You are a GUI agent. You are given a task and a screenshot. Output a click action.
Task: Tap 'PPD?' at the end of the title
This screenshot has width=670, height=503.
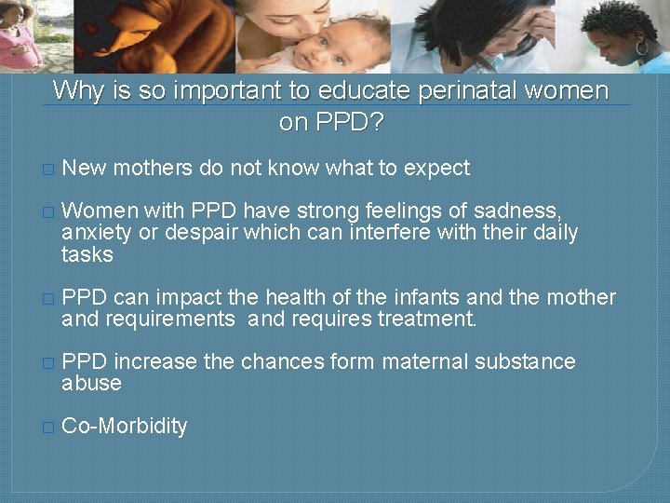click(x=332, y=122)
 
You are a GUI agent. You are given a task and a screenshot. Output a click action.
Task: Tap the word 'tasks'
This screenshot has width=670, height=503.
click(x=87, y=255)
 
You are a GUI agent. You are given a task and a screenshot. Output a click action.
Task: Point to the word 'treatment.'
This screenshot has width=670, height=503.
click(x=429, y=320)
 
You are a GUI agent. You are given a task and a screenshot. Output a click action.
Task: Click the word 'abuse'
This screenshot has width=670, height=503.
click(x=91, y=384)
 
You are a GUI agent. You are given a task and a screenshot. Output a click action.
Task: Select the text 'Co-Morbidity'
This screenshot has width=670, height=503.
click(x=124, y=427)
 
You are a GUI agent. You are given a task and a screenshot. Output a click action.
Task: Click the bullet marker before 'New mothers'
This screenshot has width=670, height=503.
click(x=48, y=170)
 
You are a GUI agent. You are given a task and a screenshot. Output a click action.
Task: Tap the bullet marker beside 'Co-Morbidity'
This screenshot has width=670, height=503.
click(x=48, y=428)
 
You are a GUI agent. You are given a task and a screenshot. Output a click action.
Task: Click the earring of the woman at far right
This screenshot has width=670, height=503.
click(x=641, y=47)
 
